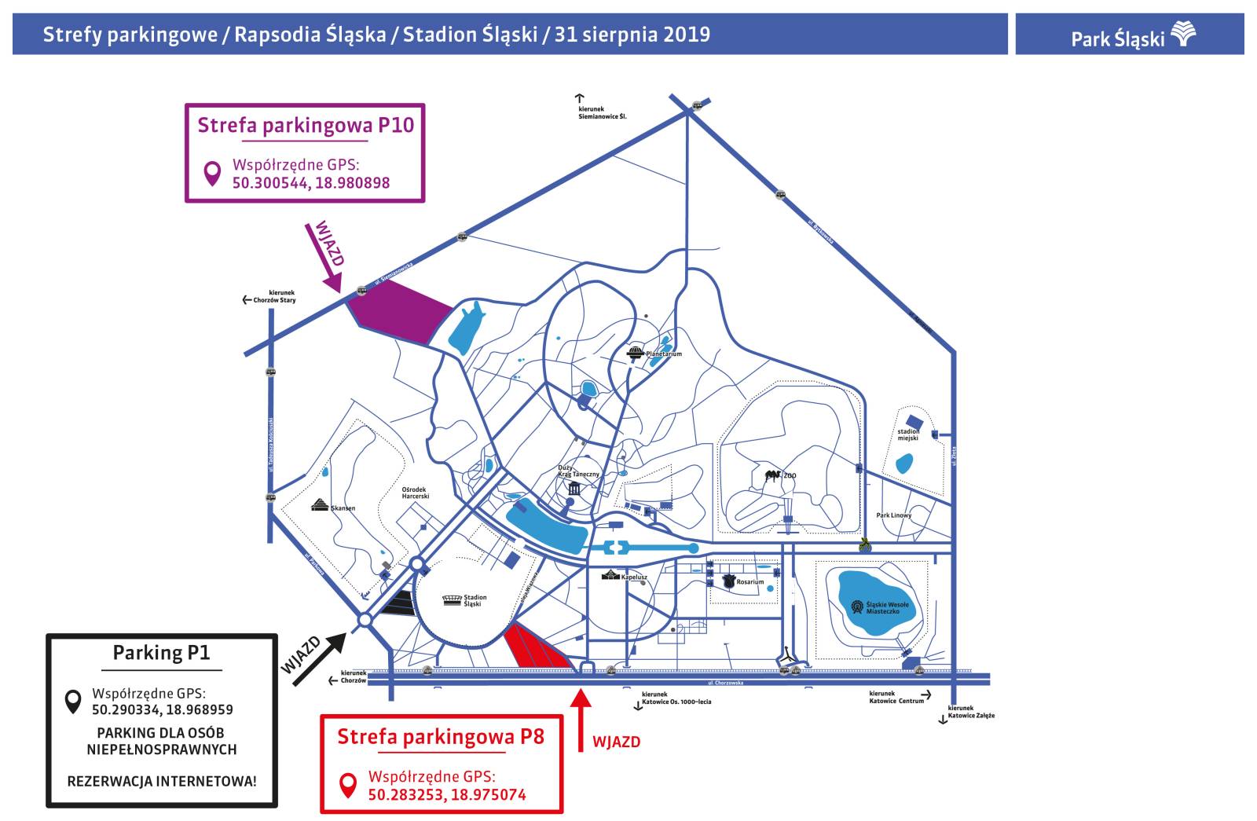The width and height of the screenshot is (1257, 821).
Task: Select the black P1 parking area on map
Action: click(398, 603)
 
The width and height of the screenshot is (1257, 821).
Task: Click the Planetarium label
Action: click(664, 354)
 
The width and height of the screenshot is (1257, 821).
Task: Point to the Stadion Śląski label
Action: click(475, 600)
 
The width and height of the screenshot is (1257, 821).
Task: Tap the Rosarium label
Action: click(749, 582)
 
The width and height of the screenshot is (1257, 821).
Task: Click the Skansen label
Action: click(343, 508)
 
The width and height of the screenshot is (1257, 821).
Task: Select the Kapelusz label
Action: click(634, 577)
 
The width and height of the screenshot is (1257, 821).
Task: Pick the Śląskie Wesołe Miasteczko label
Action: click(887, 607)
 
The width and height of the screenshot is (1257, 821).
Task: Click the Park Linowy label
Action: click(893, 515)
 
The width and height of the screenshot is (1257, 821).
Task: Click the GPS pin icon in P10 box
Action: click(211, 174)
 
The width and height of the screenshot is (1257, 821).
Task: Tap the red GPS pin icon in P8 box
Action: click(346, 785)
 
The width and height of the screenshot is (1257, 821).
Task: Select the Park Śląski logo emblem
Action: click(1183, 35)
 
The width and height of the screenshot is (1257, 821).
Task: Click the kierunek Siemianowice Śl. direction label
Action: click(600, 112)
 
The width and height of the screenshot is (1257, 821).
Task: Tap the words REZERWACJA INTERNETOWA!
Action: click(161, 782)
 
